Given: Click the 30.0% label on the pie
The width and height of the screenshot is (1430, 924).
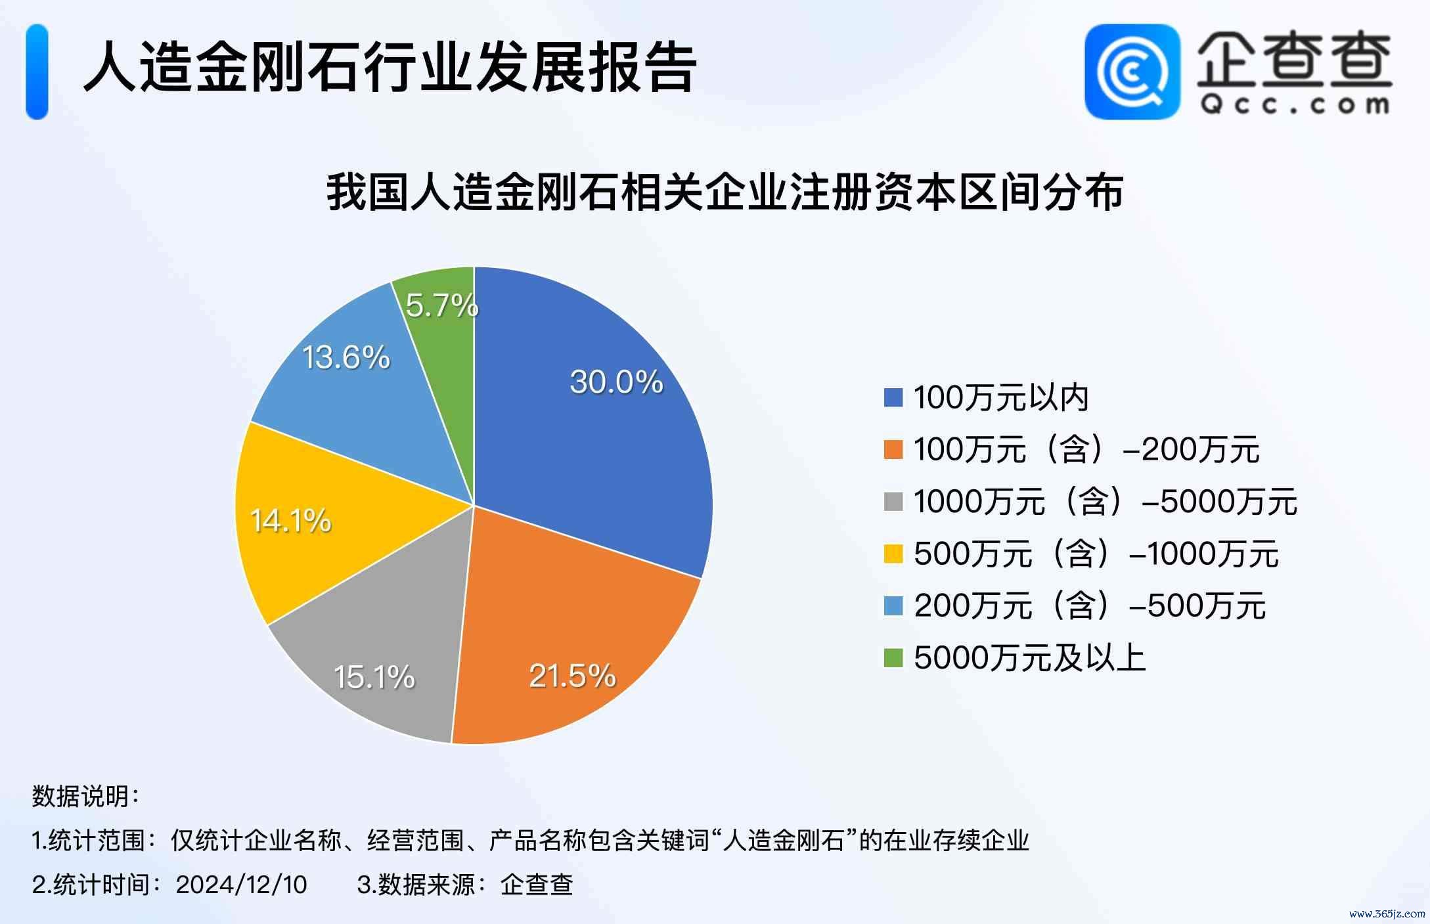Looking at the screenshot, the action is point(616,382).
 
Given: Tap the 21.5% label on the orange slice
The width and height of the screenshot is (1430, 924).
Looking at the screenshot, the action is point(572,675).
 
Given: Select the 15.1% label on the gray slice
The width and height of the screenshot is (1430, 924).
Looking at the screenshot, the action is point(374,677).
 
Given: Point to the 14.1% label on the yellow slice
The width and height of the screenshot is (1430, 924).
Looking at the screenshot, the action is point(291,521).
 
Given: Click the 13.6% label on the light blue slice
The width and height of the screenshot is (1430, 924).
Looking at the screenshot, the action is point(346,357).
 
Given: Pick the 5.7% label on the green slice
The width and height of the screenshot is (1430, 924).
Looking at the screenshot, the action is point(442,305).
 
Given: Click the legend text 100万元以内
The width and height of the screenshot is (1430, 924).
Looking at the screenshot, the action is point(1001,398).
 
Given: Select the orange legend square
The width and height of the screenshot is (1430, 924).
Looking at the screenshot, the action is point(893,450).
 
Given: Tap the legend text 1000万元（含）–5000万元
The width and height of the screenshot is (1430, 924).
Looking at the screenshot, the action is point(1105,502).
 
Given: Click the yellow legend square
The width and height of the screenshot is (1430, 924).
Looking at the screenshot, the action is point(893,554).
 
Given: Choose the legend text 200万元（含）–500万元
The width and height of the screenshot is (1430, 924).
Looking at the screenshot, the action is point(1089,605).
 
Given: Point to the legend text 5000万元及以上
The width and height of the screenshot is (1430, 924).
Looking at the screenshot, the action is point(1029,657).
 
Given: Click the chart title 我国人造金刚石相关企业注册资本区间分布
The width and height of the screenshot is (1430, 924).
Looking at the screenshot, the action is point(725,192).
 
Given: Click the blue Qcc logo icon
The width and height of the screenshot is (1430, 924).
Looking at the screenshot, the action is point(1132,72).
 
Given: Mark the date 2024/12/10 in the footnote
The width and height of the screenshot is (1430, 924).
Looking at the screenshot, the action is point(241,885).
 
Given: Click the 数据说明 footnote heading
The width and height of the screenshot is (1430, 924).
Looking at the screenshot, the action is point(85,797).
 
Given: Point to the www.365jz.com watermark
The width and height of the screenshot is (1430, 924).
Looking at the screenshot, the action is point(1387,913).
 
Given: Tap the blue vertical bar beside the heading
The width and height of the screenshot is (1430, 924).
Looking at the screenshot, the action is point(37,72).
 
